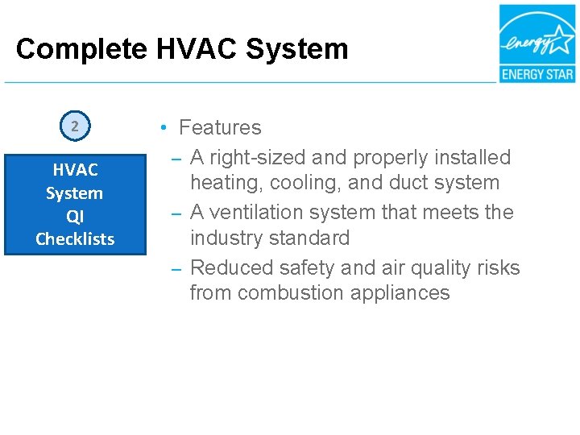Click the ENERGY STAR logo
(x=536, y=43)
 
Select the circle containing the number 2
(x=75, y=126)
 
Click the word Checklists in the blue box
(x=75, y=238)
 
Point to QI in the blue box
(x=75, y=216)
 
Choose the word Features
(x=220, y=127)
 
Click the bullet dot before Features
(x=163, y=128)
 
